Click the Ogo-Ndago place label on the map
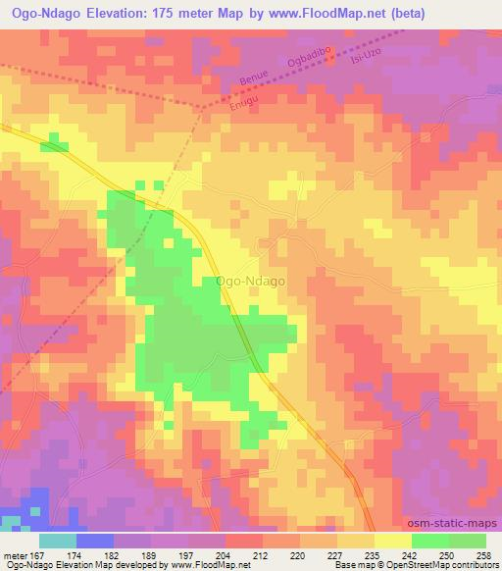250,281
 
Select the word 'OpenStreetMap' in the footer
399,564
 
